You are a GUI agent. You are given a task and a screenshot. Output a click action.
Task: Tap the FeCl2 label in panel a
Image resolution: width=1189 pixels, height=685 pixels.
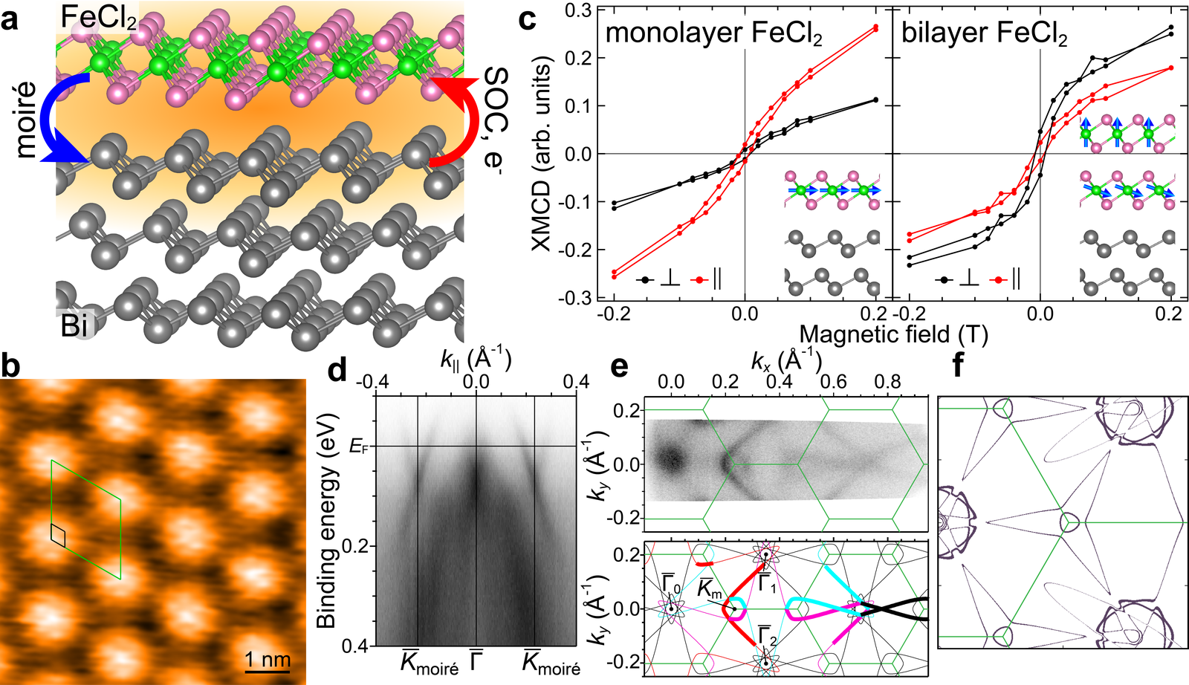(98, 19)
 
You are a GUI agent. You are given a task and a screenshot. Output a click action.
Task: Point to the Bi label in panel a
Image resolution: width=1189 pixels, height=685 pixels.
(74, 323)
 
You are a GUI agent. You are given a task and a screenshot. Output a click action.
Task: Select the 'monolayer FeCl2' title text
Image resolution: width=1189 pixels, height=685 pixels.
(713, 34)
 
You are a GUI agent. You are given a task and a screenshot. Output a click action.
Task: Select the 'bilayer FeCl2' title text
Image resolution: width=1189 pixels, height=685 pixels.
(984, 34)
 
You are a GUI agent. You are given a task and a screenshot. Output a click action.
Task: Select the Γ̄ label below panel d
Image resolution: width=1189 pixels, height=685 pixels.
(476, 661)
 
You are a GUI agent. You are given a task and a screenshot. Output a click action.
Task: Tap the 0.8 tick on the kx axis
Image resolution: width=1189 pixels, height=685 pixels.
(888, 383)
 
